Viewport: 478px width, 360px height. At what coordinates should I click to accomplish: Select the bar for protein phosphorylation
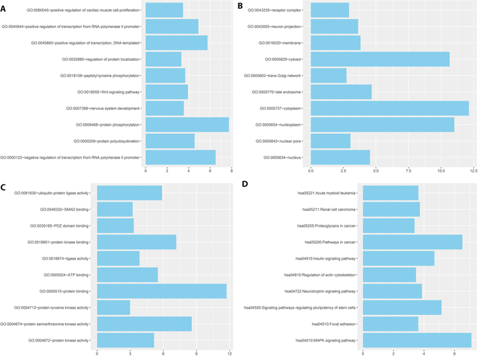tap(187, 125)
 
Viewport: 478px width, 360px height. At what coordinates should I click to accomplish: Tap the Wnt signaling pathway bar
tap(167, 92)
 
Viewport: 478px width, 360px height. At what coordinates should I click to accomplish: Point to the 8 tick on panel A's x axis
tap(231, 170)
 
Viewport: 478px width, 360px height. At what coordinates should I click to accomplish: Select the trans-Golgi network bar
tap(328, 75)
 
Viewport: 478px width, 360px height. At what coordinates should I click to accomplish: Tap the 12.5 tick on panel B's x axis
tap(473, 170)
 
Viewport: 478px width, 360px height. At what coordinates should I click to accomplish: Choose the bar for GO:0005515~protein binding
tap(162, 290)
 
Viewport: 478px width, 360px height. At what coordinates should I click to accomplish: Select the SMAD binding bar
tap(115, 209)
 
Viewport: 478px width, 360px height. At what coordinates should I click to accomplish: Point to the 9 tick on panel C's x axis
tap(197, 352)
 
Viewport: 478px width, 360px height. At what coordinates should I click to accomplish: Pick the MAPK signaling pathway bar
tap(417, 340)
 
